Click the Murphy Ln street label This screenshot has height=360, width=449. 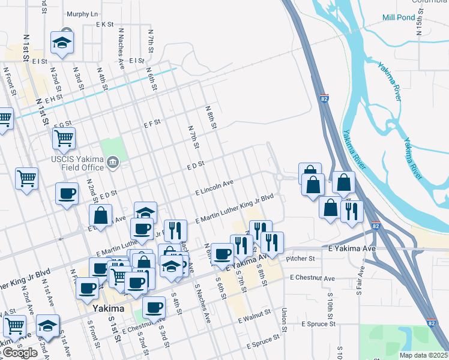pyautogui.click(x=82, y=14)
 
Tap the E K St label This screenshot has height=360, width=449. pyautogui.click(x=105, y=25)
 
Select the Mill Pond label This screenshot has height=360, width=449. pyautogui.click(x=399, y=17)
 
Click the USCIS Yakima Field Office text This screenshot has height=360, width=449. pyautogui.click(x=77, y=163)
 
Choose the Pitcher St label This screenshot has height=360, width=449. pyautogui.click(x=301, y=259)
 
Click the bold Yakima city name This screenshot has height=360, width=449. pyautogui.click(x=109, y=308)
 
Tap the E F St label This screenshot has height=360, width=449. pyautogui.click(x=152, y=122)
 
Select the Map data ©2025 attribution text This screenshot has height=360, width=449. pyautogui.click(x=423, y=355)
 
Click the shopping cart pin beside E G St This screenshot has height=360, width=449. pyautogui.click(x=63, y=139)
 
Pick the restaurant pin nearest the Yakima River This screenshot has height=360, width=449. pyautogui.click(x=351, y=211)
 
